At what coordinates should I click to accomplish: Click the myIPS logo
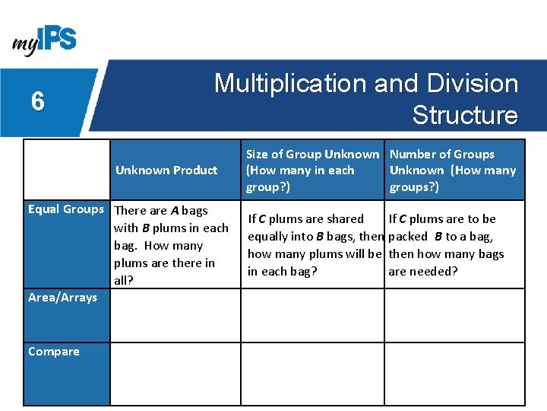point(44,39)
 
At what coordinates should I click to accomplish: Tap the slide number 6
point(37,101)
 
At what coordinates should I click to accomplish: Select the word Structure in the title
point(464,115)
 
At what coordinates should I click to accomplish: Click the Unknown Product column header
point(166,170)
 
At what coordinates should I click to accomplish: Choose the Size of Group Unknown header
point(312,155)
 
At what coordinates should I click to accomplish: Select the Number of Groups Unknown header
point(441,155)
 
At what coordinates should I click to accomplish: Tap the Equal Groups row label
point(65,209)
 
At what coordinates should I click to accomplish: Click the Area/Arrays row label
point(62,298)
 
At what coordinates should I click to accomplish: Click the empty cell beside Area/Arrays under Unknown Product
point(175,315)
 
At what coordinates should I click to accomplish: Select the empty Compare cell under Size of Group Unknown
point(312,373)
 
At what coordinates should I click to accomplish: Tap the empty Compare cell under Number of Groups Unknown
point(454,373)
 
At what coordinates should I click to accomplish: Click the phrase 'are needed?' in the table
point(423,272)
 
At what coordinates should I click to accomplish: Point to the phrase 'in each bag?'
point(283,272)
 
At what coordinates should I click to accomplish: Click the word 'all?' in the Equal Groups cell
point(124,280)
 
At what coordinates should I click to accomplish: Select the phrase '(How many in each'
point(300,170)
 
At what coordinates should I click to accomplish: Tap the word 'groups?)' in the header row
point(414,186)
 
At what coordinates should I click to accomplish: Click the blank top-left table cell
point(67,170)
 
